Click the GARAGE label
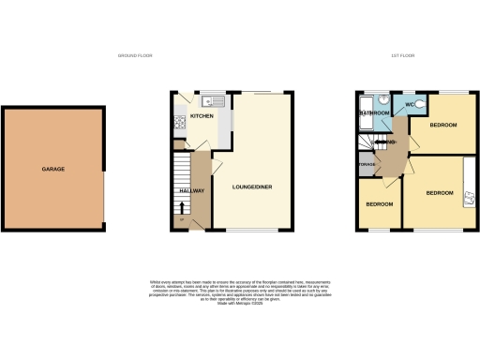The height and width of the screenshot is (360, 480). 52,170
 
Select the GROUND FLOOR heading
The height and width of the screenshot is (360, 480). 135,56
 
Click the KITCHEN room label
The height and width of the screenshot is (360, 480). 202,116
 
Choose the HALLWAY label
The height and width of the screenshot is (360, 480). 191,191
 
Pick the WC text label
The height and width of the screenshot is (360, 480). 410,104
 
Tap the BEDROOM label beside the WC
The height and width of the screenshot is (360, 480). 442,125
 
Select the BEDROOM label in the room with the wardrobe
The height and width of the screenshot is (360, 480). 440,193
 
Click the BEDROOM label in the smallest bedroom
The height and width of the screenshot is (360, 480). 379,203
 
